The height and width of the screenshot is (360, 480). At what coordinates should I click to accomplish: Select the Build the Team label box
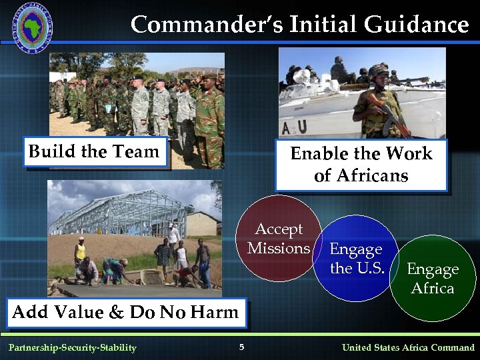pos(94,152)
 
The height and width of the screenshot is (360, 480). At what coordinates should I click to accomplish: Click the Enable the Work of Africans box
pos(361,165)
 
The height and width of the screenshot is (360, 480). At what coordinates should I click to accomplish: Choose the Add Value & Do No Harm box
pos(125,312)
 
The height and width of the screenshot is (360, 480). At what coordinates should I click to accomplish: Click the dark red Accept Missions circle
pos(279,239)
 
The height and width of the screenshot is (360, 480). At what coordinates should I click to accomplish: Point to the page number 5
pos(242,347)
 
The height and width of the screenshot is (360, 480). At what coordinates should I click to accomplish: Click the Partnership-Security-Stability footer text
pos(72,347)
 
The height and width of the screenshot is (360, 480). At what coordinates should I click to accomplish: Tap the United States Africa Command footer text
pos(408,347)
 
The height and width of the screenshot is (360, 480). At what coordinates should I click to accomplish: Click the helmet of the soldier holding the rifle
pos(378,70)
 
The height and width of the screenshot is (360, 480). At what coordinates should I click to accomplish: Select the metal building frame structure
pos(123,213)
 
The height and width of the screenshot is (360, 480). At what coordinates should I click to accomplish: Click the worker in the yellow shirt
pos(80,251)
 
